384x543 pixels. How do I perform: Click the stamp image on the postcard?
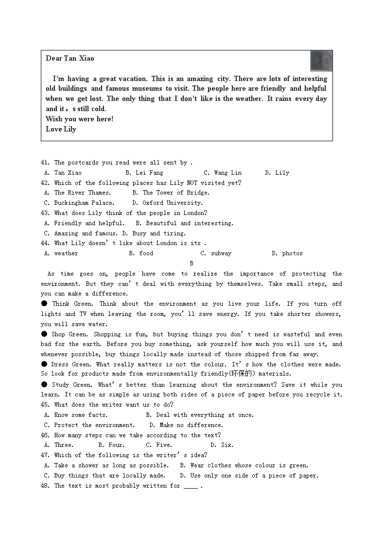pos(321,61)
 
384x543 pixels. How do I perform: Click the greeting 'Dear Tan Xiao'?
pos(70,58)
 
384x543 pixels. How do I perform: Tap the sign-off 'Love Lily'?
pos(61,129)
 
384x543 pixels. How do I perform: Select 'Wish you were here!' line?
pos(79,119)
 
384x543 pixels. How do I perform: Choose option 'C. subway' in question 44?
pos(216,253)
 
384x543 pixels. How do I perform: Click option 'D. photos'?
pos(287,253)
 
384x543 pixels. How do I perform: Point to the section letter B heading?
pos(192,263)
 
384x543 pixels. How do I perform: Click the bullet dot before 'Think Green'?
pos(44,304)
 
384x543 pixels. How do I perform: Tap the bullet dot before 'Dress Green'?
pos(44,364)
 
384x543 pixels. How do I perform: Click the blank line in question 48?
pos(191,487)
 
